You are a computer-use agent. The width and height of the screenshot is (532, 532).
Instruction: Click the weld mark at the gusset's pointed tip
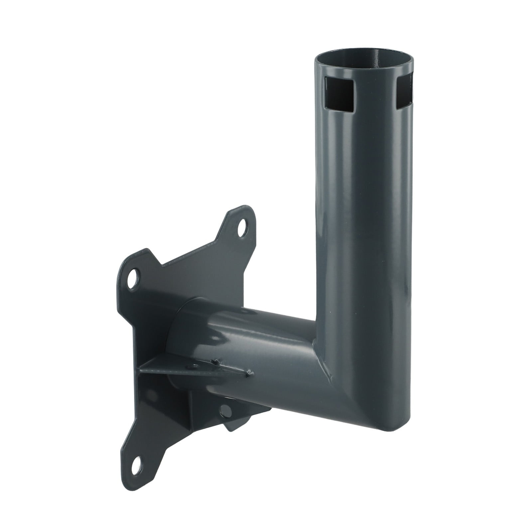point(248,374)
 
